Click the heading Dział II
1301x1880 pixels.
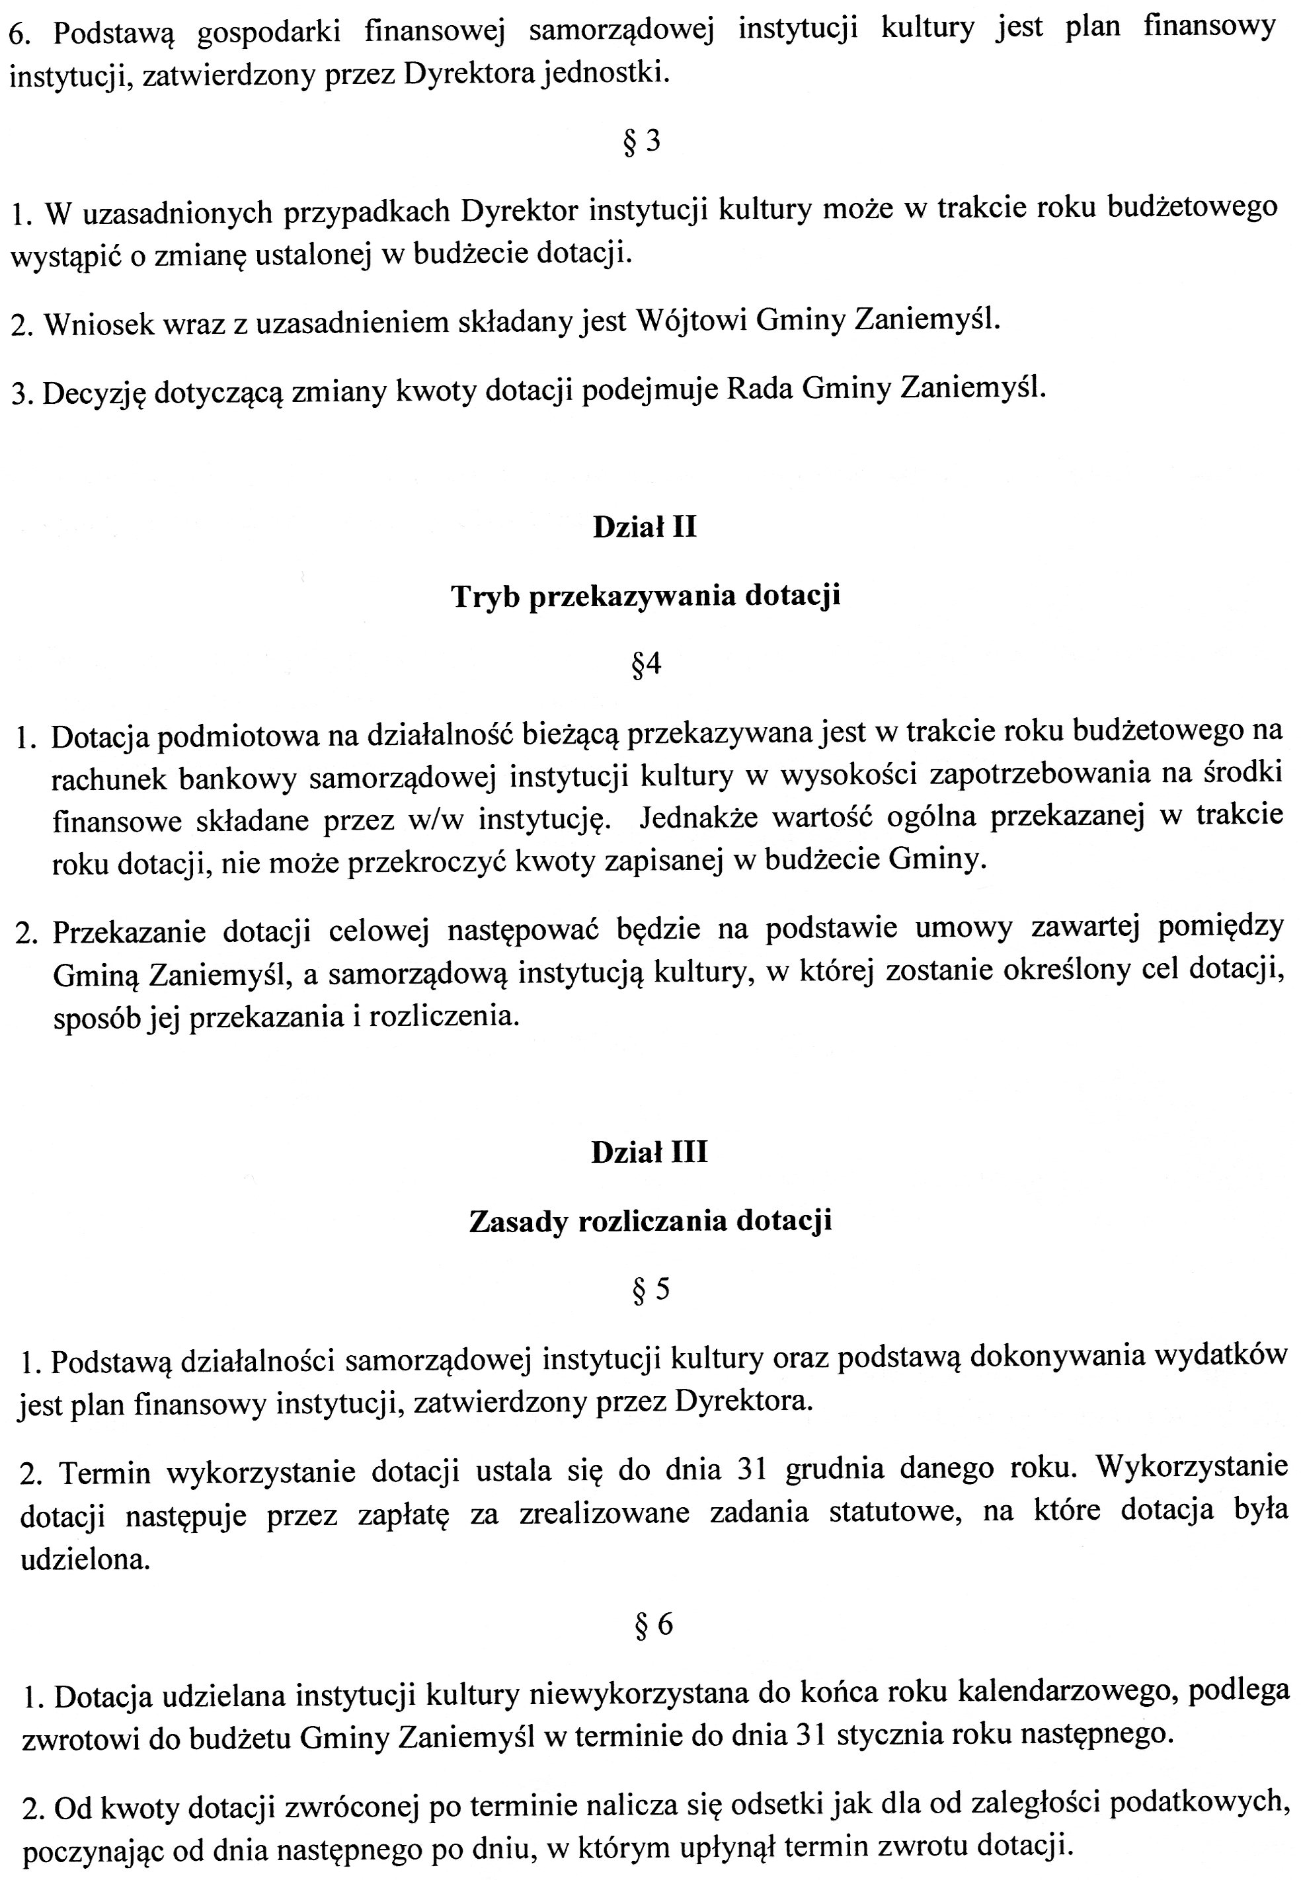coord(644,528)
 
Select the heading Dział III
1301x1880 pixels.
coord(650,1152)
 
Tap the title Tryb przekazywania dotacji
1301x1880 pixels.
coord(646,596)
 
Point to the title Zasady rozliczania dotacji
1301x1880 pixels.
coord(650,1222)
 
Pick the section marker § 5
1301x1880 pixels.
coord(650,1289)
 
